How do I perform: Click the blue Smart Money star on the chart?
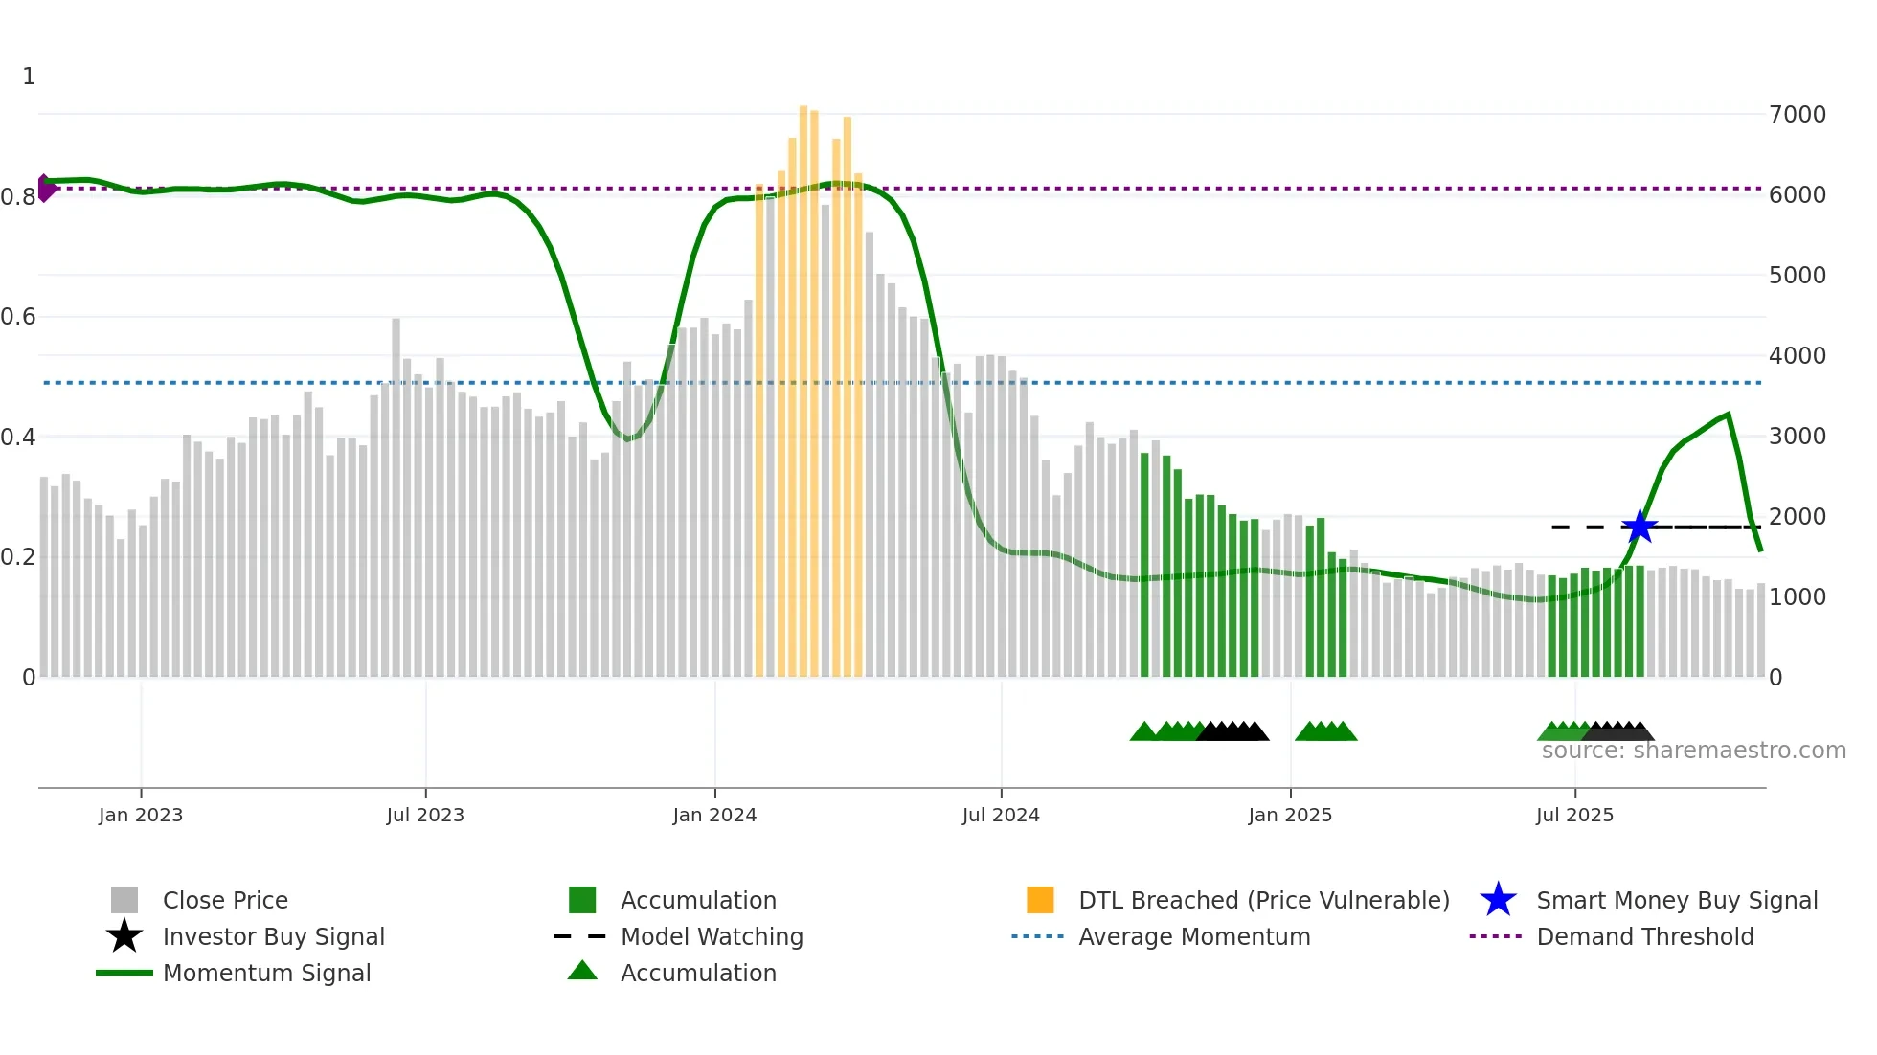point(1640,527)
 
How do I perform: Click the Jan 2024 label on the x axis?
point(714,815)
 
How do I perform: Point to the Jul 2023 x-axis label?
point(425,815)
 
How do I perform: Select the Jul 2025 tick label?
point(1574,815)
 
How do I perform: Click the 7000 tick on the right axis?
point(1798,115)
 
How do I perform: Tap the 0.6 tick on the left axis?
point(18,317)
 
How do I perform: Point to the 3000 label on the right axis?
point(1798,437)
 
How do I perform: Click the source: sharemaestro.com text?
point(1693,751)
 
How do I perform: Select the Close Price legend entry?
point(225,900)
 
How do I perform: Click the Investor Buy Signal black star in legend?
point(124,936)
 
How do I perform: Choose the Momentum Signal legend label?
point(266,973)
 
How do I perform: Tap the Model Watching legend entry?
point(712,936)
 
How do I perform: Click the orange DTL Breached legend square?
point(1040,900)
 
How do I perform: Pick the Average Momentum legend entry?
point(1194,936)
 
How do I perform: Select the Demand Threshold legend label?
point(1645,936)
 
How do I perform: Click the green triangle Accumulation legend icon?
point(582,971)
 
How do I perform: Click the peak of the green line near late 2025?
point(1728,415)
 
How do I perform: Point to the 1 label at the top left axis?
point(29,77)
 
